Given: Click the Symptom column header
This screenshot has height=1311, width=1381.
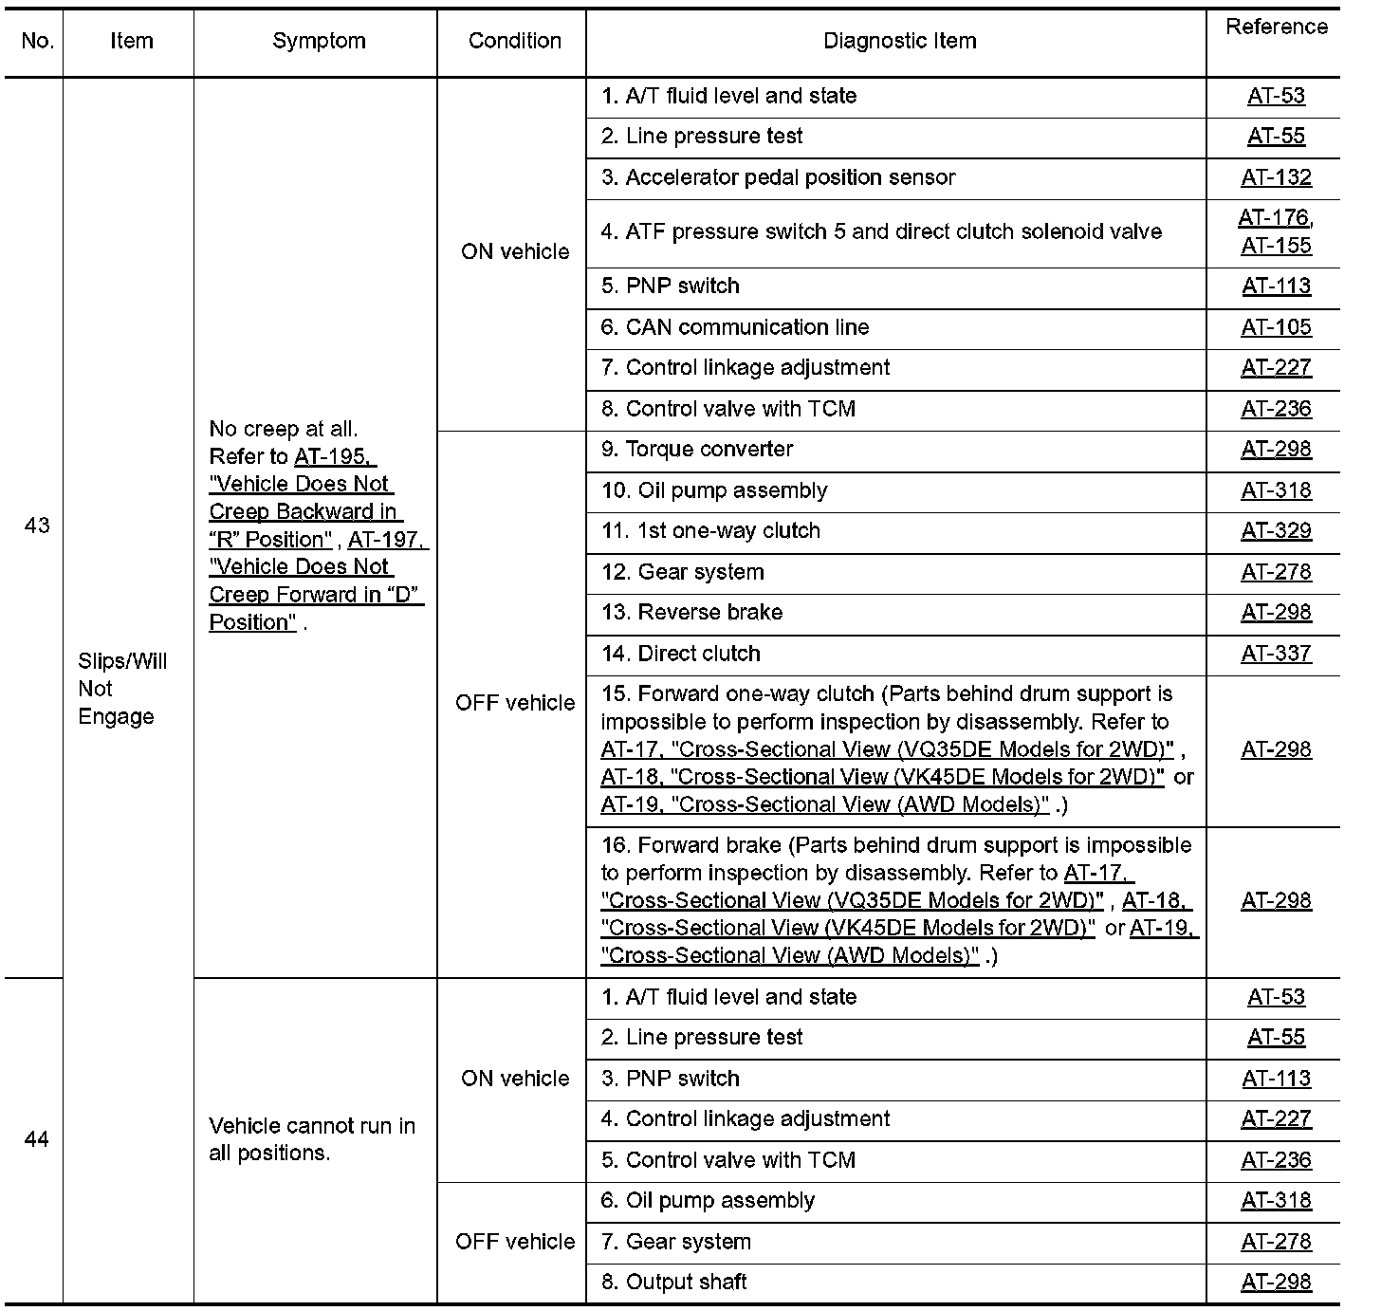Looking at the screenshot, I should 319,42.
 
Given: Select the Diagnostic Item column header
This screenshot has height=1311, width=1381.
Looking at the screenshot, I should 899,42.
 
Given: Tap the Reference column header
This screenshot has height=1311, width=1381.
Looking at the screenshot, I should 1276,28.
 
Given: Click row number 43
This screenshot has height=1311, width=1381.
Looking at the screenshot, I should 36,526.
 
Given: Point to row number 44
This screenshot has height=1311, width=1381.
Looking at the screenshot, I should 36,1139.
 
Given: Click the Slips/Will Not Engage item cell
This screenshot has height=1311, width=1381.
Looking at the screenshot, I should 122,689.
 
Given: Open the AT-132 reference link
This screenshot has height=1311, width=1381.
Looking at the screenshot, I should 1276,177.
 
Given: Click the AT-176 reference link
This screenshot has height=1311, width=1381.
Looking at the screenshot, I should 1273,218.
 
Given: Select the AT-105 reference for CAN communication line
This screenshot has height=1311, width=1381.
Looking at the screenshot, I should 1276,327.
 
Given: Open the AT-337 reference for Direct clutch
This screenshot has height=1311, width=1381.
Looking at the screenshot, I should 1276,654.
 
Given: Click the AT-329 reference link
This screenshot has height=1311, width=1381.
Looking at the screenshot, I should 1276,531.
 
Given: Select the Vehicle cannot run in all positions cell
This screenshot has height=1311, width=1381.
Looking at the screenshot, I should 312,1139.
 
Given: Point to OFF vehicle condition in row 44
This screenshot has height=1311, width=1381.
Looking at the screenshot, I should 515,1242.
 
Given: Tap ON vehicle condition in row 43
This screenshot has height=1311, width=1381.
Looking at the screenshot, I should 515,252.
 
